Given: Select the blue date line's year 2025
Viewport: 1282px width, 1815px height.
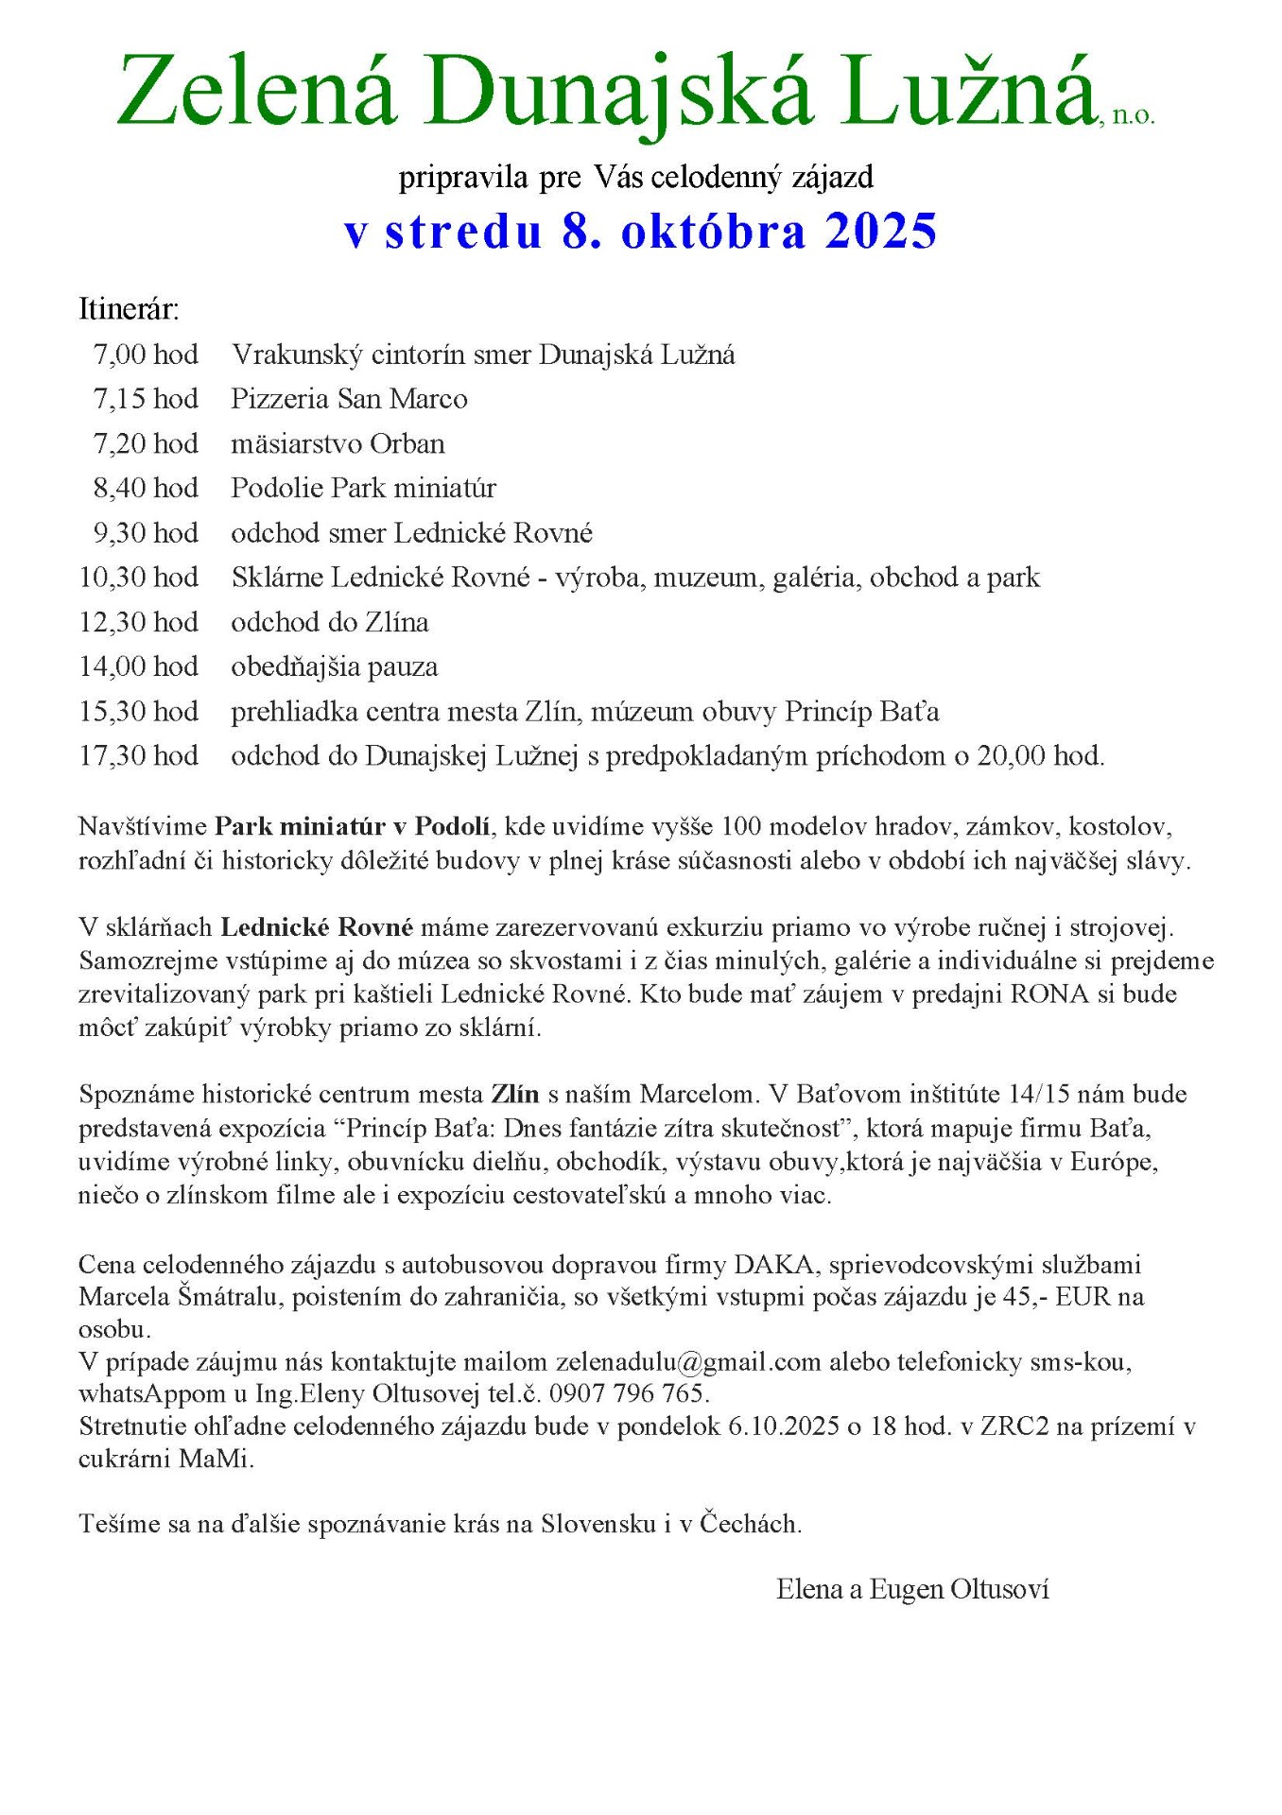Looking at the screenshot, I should tap(880, 232).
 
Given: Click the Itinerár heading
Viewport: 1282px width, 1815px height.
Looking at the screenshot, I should tap(129, 309).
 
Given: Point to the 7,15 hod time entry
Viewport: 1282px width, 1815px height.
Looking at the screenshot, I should tap(146, 399).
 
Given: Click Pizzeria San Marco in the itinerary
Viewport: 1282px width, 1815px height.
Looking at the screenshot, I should tap(349, 399).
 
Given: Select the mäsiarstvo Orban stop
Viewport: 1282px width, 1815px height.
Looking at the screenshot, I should tap(338, 443).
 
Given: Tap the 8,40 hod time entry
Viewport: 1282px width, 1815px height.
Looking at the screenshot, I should tap(146, 488).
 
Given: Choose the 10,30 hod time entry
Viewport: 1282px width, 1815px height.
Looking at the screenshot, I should tap(139, 578).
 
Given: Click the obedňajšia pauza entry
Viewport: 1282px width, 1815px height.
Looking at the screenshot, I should tap(335, 667).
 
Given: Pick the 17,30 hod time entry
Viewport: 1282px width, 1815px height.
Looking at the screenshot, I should tap(139, 756).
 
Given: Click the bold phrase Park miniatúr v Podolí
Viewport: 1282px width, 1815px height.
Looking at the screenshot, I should tap(353, 826).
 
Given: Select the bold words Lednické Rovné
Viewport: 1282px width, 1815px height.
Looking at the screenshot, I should tap(317, 927).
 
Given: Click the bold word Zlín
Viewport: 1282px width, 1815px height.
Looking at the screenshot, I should tap(514, 1095).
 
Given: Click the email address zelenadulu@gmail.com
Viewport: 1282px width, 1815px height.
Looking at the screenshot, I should tap(688, 1362).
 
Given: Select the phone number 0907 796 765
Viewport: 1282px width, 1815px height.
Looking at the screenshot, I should tap(629, 1394).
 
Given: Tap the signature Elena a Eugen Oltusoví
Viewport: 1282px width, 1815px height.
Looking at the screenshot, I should tap(912, 1590).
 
